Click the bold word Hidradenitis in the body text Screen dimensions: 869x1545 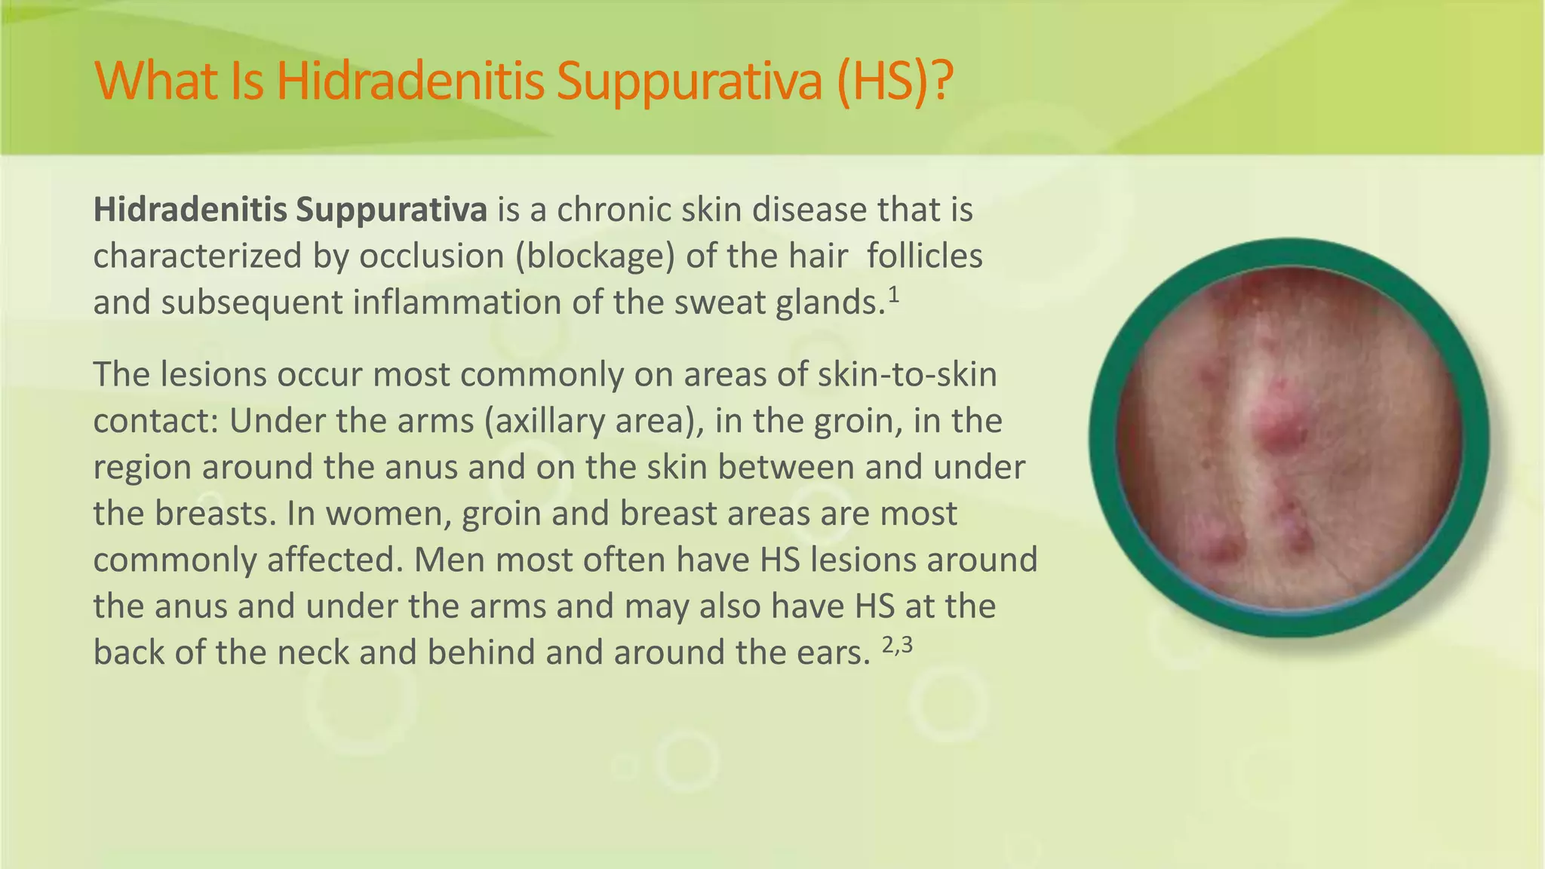[x=188, y=210]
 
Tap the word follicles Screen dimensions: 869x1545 [x=924, y=256]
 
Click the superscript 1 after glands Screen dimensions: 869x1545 [x=893, y=295]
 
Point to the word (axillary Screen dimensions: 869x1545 [x=545, y=421]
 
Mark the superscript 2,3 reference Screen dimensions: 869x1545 [x=897, y=645]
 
